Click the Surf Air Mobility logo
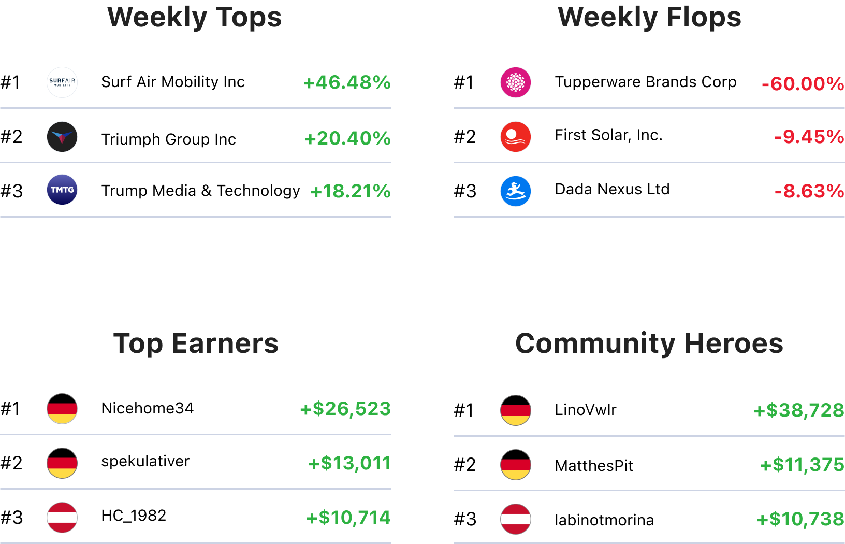[62, 82]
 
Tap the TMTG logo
[62, 190]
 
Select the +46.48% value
[347, 82]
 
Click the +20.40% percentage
[347, 138]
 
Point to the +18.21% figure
[350, 191]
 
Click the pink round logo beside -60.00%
[516, 82]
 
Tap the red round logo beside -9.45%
[516, 137]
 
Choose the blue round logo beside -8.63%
[516, 191]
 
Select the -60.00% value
[803, 83]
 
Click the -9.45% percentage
[809, 137]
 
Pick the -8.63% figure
[809, 191]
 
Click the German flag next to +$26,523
[62, 409]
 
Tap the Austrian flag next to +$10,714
[62, 518]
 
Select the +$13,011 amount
[349, 463]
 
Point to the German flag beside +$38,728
[516, 410]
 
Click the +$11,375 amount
[802, 465]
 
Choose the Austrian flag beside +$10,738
[516, 519]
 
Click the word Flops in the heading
[704, 17]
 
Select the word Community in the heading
[595, 343]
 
